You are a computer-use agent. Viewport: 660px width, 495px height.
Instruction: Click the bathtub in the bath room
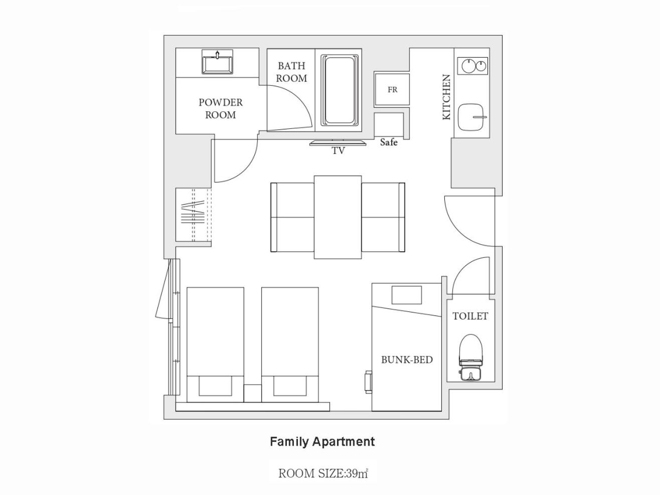coord(340,90)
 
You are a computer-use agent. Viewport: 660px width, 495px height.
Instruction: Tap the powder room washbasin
coord(217,62)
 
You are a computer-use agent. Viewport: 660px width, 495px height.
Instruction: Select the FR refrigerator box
coord(392,90)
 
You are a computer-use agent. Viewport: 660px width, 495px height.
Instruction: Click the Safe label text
coord(389,142)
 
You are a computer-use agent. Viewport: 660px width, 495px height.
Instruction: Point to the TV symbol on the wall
coord(338,143)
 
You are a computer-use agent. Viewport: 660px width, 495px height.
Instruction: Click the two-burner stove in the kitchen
coord(472,66)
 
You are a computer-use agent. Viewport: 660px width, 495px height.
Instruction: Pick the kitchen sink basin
coord(472,117)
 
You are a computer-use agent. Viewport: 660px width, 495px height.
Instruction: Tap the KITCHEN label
coord(446,97)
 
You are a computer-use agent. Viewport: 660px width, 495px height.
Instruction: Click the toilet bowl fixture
coord(471,358)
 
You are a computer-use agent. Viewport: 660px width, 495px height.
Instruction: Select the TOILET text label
coord(470,316)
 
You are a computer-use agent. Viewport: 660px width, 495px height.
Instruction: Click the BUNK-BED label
coord(407,360)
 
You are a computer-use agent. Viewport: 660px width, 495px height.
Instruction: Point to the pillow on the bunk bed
coord(407,295)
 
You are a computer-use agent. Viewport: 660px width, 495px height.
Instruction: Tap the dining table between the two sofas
coord(338,217)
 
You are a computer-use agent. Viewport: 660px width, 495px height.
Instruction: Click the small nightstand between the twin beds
coord(253,393)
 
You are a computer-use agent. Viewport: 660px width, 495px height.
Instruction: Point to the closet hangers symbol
coord(193,213)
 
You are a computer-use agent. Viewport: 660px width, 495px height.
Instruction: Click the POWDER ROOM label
coord(220,108)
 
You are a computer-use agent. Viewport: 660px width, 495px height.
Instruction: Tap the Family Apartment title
coord(322,442)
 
